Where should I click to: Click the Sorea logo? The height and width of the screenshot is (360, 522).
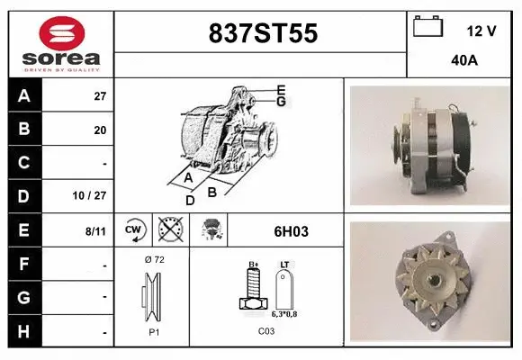click(x=62, y=43)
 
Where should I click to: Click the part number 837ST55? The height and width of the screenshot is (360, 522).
click(x=262, y=33)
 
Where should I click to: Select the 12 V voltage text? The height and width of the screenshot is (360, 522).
click(x=481, y=31)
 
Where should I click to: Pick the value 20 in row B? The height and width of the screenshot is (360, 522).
click(x=100, y=130)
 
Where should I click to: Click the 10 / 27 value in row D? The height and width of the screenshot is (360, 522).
click(x=94, y=195)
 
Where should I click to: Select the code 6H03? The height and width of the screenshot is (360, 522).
click(x=291, y=231)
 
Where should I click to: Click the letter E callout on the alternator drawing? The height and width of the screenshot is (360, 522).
click(x=281, y=89)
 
